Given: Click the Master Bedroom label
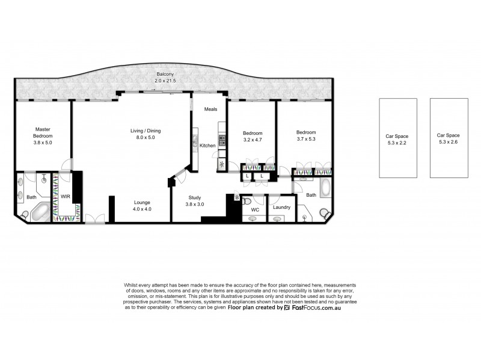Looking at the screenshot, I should click(x=42, y=132).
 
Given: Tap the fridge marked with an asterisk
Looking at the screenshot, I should click(x=222, y=164).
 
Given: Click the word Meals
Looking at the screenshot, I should click(x=210, y=109).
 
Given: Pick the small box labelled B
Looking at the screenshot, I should click(x=237, y=197).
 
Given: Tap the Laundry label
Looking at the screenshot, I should click(x=281, y=208).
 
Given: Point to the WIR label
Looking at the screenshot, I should click(x=65, y=196).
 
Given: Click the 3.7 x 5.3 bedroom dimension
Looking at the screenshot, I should click(x=305, y=140).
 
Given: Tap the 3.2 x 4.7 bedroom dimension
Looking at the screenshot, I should click(x=251, y=140).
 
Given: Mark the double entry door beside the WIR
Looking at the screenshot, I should click(x=93, y=219).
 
